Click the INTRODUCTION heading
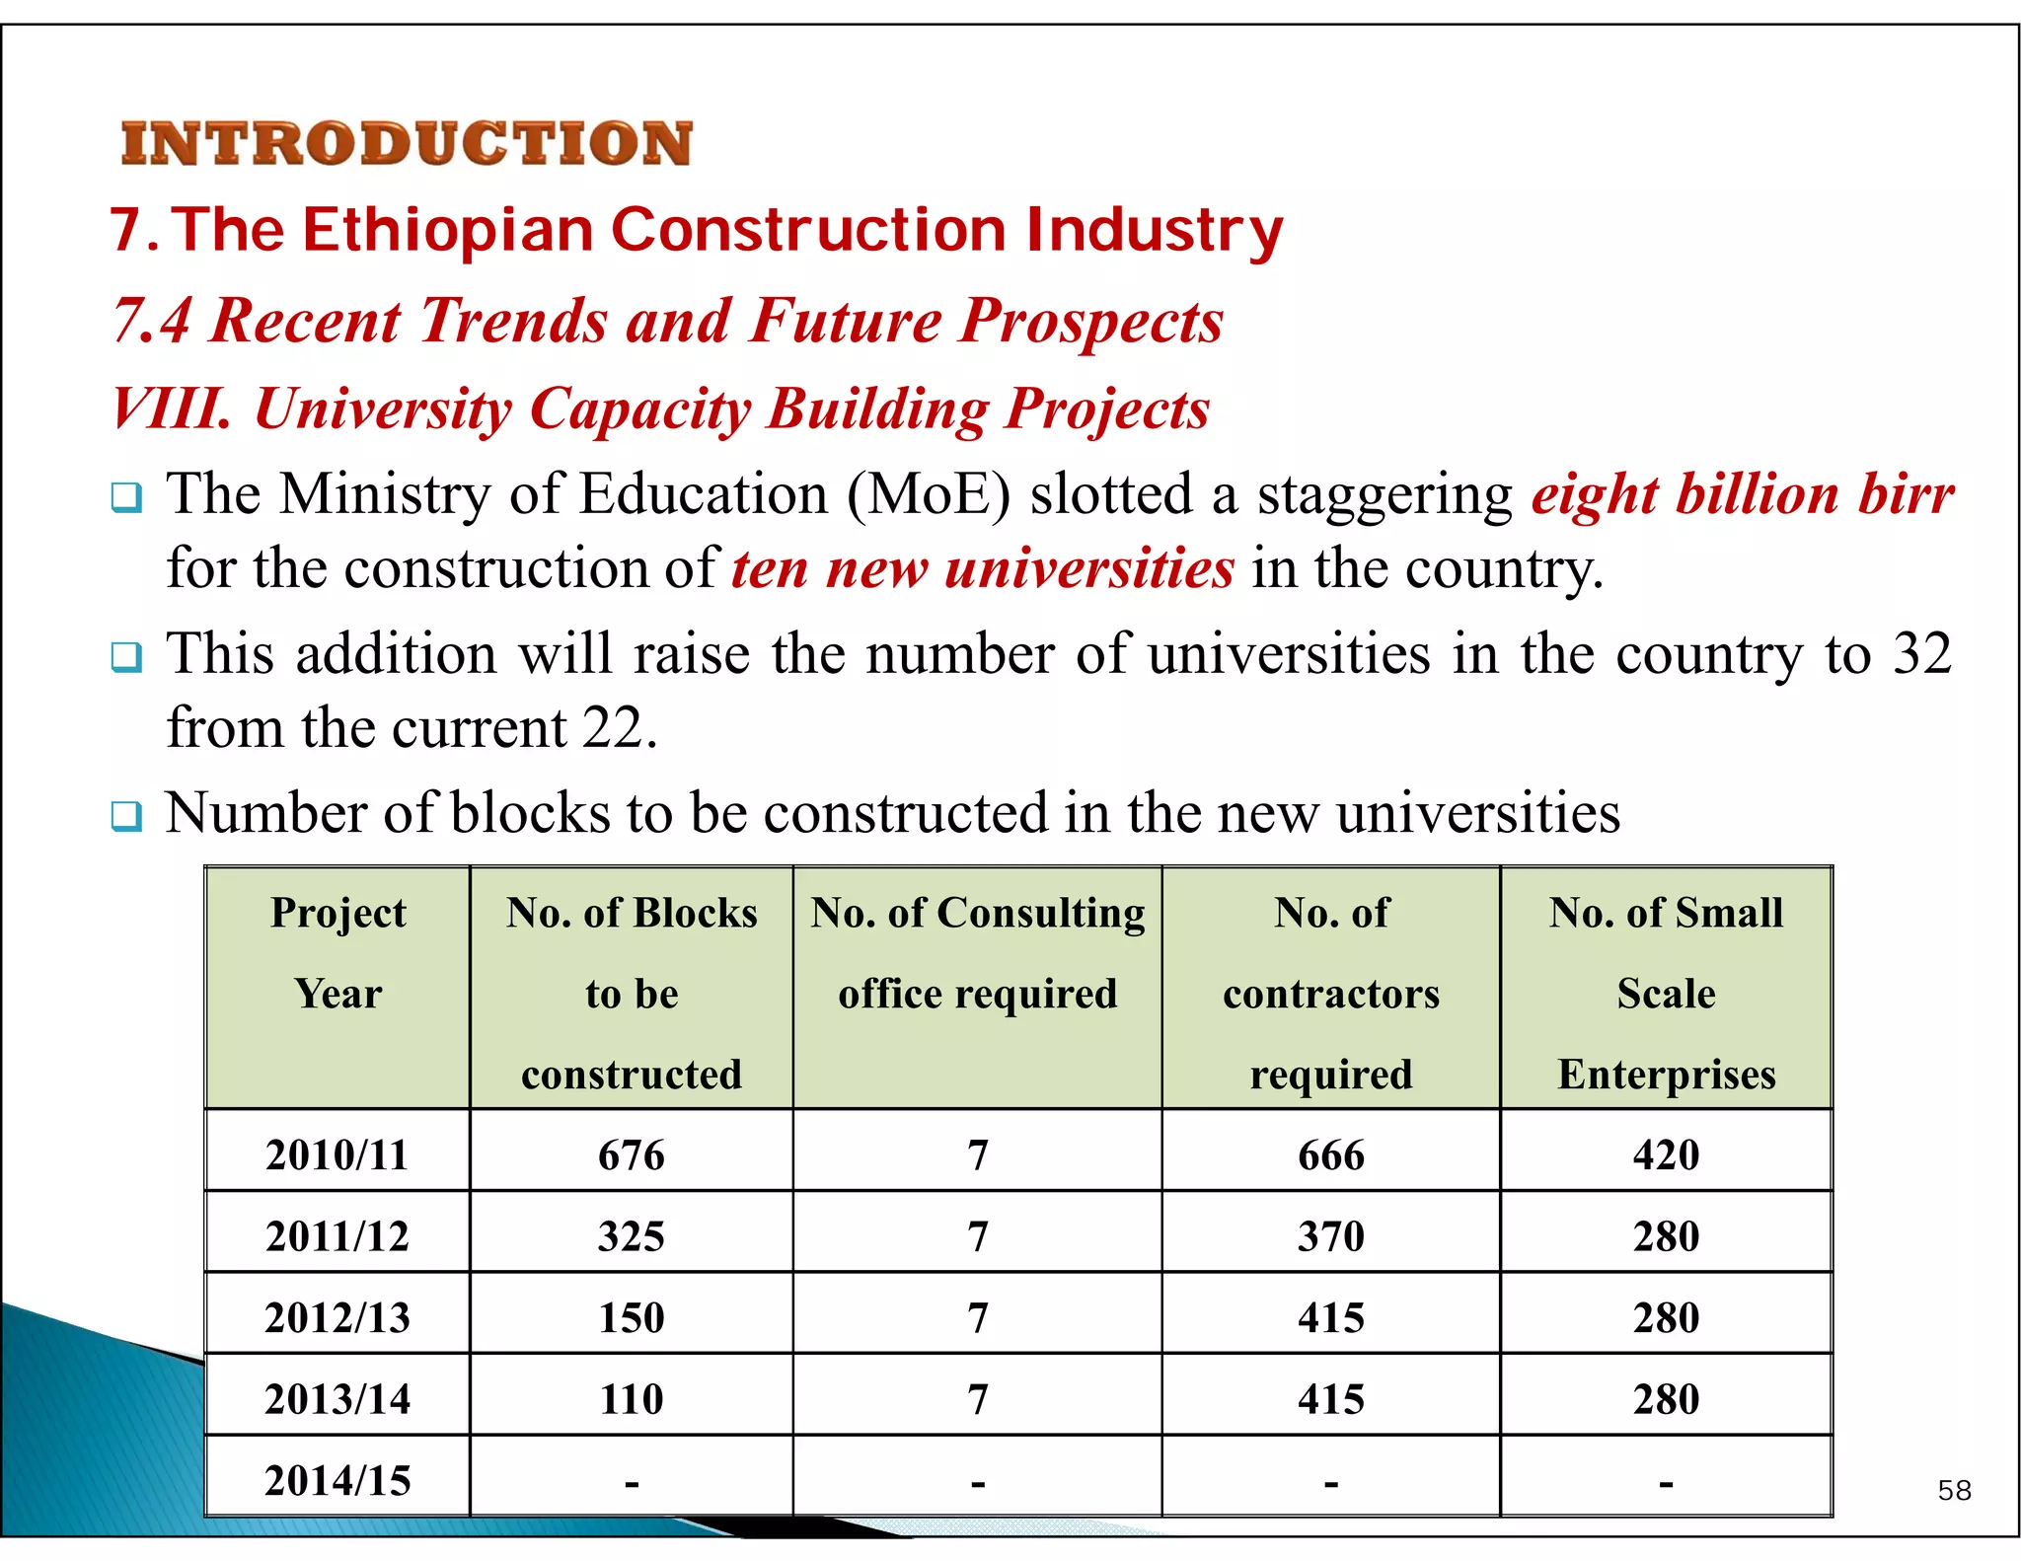point(407,144)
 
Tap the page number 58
point(1954,1490)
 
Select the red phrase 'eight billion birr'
point(1743,494)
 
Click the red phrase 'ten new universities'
point(983,569)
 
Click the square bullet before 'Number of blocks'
point(126,816)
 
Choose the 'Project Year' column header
point(337,952)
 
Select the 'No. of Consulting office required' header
point(977,952)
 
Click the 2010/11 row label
point(337,1154)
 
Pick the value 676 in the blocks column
point(632,1154)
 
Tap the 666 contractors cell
point(1330,1154)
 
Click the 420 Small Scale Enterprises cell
point(1666,1154)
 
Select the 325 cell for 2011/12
point(632,1236)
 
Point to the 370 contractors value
point(1330,1236)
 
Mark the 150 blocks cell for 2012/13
point(632,1318)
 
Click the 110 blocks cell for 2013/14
point(632,1399)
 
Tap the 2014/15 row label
point(337,1481)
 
